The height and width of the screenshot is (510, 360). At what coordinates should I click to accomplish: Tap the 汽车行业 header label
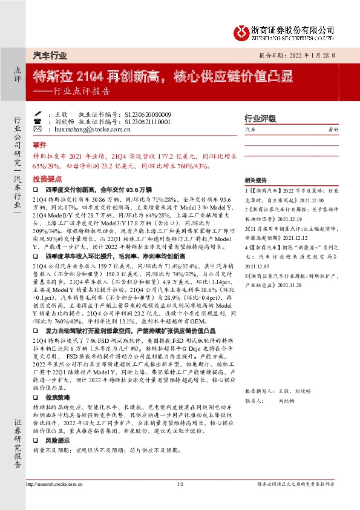(50, 55)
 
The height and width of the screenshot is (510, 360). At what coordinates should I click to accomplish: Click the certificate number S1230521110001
(148, 122)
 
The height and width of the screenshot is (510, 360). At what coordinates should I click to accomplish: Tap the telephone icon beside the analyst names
(38, 122)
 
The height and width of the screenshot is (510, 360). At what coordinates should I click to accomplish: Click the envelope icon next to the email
(38, 129)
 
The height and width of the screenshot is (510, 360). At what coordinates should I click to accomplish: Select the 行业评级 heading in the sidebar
(260, 118)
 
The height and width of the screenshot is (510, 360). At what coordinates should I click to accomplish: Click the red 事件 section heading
(40, 146)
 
